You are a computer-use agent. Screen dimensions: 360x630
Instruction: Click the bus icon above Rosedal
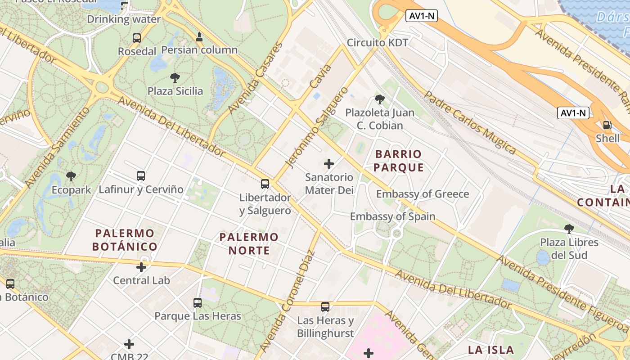tap(137, 38)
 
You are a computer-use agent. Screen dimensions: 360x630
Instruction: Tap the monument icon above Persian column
tap(199, 36)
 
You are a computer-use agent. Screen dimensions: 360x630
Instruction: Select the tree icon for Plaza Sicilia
tap(175, 78)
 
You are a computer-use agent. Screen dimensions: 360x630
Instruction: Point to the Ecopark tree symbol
tap(71, 176)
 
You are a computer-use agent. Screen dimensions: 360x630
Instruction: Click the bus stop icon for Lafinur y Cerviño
tap(141, 176)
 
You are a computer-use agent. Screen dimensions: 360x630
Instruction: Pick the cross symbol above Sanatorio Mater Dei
tap(329, 164)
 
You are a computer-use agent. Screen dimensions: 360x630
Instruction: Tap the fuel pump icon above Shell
tap(607, 125)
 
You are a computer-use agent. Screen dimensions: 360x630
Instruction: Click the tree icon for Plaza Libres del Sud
tap(569, 229)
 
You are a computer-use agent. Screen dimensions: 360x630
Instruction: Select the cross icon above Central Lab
tap(141, 267)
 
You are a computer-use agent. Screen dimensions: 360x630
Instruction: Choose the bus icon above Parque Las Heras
tap(198, 303)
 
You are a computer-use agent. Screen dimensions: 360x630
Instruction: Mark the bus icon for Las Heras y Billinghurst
tap(325, 307)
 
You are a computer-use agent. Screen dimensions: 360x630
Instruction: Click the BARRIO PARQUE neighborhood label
tap(399, 161)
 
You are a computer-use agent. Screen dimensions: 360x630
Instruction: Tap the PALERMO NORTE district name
tap(249, 243)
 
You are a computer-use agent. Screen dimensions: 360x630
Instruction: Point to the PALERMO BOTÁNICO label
tap(125, 240)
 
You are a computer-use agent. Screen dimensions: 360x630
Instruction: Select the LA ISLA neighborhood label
tap(490, 350)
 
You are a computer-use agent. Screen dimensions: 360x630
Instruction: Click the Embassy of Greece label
tap(423, 194)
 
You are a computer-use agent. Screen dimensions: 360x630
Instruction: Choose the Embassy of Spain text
tap(392, 216)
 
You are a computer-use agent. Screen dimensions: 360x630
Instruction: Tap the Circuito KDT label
tap(377, 43)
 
